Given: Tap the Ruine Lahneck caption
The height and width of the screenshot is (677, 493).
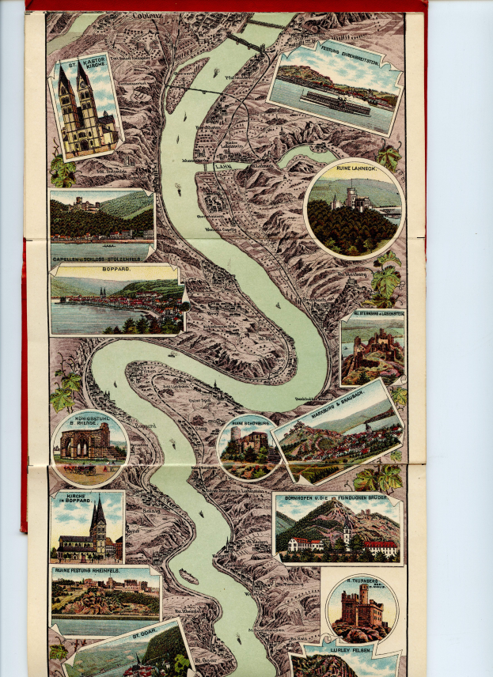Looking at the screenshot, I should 354,169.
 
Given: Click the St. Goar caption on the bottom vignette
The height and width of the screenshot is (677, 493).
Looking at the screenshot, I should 146,633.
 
